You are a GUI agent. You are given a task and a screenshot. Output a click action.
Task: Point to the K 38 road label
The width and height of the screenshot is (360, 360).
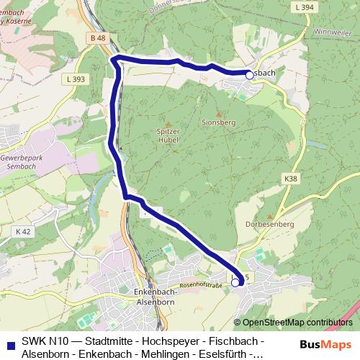[290, 178]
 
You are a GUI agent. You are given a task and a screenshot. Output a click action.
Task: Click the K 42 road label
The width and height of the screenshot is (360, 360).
[22, 232]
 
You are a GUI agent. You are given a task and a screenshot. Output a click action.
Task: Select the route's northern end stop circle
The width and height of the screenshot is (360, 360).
[249, 75]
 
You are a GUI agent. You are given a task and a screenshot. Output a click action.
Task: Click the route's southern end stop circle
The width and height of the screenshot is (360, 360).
[235, 283]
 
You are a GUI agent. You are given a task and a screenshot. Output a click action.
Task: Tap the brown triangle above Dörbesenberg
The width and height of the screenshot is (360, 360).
[270, 216]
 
